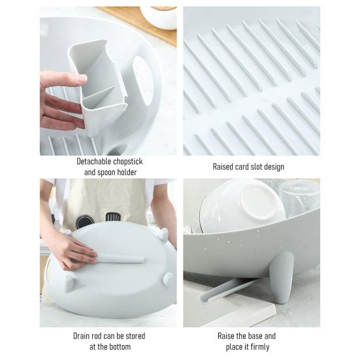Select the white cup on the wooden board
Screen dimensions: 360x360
(x=160, y=17)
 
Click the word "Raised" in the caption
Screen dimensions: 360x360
(x=224, y=167)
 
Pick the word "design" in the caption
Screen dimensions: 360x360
(x=275, y=167)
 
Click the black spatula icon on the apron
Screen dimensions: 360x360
(x=112, y=216)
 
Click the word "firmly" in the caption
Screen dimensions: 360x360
(x=261, y=347)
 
